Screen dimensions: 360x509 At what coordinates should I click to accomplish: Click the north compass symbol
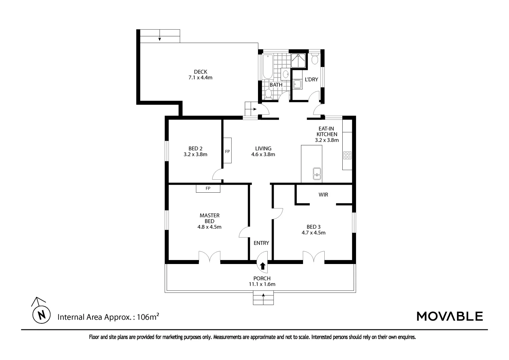pyautogui.click(x=41, y=314)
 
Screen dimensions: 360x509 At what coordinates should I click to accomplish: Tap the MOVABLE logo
pyautogui.click(x=449, y=316)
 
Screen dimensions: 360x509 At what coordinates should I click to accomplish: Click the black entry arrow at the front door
pyautogui.click(x=263, y=266)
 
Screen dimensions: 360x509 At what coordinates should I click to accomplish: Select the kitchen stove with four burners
pyautogui.click(x=347, y=155)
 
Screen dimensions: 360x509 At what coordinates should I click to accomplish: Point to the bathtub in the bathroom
pyautogui.click(x=267, y=67)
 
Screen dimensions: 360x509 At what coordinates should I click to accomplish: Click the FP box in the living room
pyautogui.click(x=227, y=151)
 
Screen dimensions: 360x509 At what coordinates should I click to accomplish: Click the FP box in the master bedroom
pyautogui.click(x=208, y=189)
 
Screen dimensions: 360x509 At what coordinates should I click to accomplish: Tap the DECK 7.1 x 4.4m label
pyautogui.click(x=200, y=75)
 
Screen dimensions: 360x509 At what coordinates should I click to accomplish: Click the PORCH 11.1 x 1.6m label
pyautogui.click(x=262, y=281)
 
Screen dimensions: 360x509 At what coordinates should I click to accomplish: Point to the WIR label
pyautogui.click(x=323, y=194)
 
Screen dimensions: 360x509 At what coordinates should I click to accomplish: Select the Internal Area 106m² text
pyautogui.click(x=108, y=317)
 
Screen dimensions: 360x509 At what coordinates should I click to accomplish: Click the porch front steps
pyautogui.click(x=263, y=298)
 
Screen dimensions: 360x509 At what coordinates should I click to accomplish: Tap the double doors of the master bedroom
pyautogui.click(x=209, y=257)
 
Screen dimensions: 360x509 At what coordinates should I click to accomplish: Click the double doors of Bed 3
pyautogui.click(x=313, y=257)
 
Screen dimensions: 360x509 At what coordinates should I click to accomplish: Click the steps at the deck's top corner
pyautogui.click(x=160, y=36)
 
